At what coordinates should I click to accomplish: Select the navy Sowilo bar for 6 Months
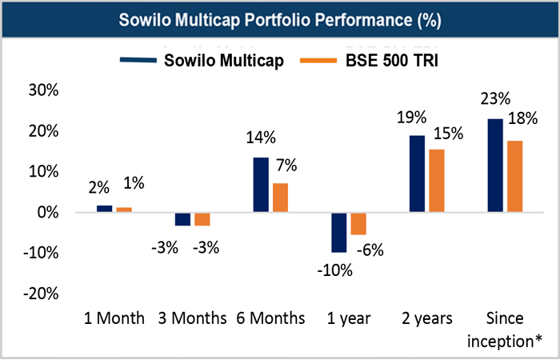[x=261, y=185]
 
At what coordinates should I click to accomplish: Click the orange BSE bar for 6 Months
[x=280, y=198]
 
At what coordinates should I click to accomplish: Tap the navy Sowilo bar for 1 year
[x=339, y=233]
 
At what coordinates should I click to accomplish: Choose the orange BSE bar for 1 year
[x=358, y=224]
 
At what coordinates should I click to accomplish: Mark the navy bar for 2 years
[x=418, y=174]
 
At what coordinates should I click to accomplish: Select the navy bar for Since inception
[x=495, y=166]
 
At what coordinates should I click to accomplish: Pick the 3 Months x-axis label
[x=193, y=318]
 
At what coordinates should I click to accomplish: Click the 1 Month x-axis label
[x=114, y=318]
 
